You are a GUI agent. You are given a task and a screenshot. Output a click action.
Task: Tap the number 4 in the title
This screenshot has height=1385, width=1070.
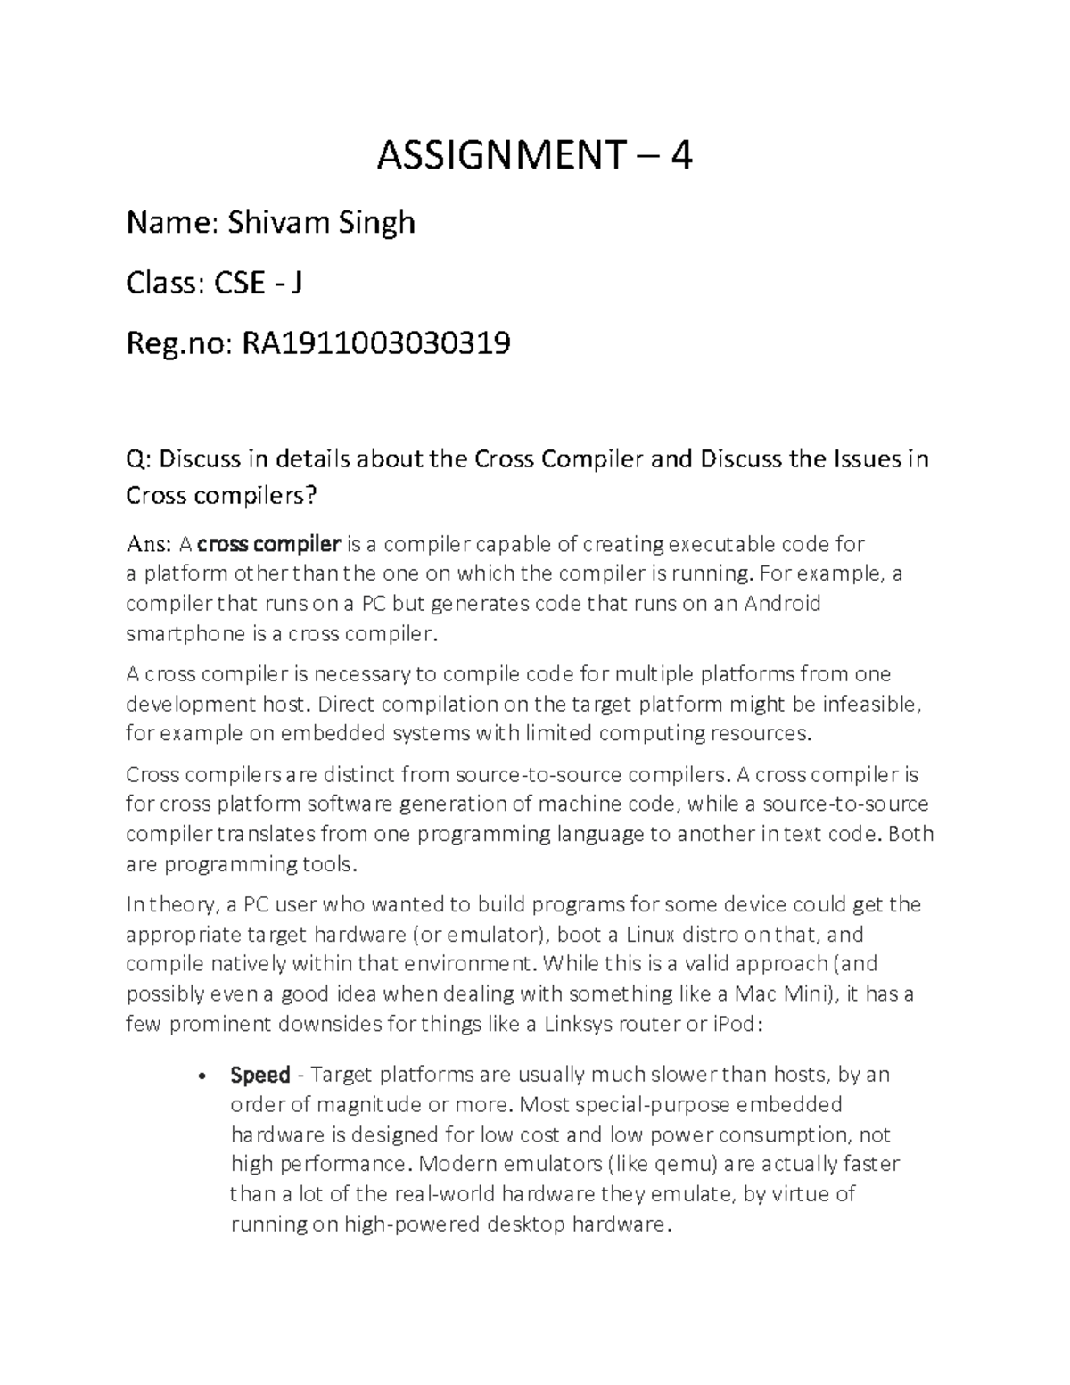(682, 157)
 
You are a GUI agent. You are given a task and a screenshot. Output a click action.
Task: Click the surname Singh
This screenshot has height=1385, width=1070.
(376, 222)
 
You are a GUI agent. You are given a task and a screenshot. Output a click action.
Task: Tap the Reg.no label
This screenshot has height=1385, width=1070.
(174, 342)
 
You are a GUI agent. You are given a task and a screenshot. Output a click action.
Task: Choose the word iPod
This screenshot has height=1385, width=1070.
(735, 1023)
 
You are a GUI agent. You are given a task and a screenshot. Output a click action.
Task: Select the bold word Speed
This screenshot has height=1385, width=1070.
(260, 1075)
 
